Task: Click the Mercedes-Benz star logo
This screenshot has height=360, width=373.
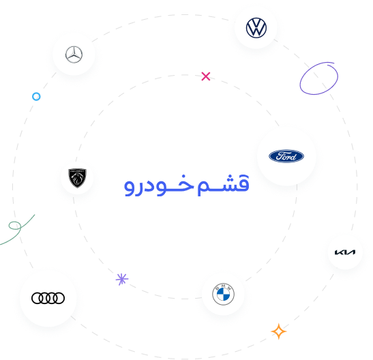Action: point(74,55)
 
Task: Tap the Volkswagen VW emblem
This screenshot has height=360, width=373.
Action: point(256,28)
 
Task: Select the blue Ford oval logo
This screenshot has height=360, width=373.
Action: point(286,157)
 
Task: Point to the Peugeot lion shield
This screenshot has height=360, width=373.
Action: point(76,177)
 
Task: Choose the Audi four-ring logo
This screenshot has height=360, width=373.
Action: point(48,298)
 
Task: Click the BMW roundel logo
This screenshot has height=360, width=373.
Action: point(223,295)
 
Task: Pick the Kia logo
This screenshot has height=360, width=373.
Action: point(344,252)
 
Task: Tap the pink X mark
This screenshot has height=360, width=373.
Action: point(206,76)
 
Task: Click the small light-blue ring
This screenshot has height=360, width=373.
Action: point(36,97)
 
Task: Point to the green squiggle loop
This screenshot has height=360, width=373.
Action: point(15,226)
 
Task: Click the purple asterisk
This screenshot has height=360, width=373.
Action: point(122,279)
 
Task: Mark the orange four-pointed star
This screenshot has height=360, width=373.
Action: point(278,331)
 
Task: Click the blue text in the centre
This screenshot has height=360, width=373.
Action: point(186,184)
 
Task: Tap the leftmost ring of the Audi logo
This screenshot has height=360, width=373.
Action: point(38,298)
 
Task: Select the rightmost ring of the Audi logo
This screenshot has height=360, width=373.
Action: point(59,298)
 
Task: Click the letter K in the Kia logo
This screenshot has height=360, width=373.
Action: point(338,252)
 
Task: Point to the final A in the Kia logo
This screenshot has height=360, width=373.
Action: point(351,252)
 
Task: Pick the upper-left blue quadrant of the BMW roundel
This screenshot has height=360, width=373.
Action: point(219,290)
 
